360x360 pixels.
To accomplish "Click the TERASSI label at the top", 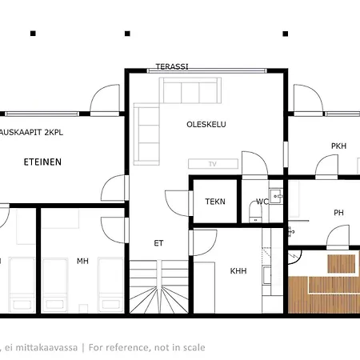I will click(172, 66).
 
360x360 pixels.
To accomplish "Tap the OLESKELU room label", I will click(204, 124).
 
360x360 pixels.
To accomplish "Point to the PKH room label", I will click(338, 146).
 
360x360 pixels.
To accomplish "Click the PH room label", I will click(339, 212).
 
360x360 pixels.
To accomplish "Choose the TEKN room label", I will click(214, 202).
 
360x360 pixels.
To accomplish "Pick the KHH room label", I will click(238, 271).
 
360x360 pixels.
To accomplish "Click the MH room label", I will click(82, 261).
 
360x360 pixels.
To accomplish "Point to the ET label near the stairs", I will click(158, 243).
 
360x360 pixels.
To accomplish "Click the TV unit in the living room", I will click(213, 163).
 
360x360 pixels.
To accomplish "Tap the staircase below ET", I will click(157, 288).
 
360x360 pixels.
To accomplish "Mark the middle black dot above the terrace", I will click(127, 34).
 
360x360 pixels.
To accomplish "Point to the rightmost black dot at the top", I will click(286, 34).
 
